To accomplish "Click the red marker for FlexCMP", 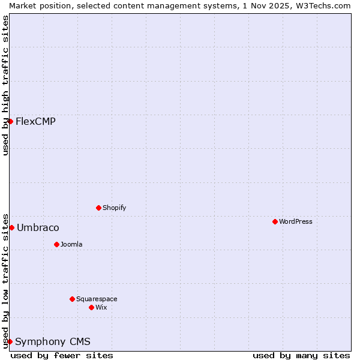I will pyautogui.click(x=10, y=121).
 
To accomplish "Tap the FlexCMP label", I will pyautogui.click(x=35, y=122).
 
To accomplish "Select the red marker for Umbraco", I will pyautogui.click(x=11, y=227).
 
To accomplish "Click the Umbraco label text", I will pyautogui.click(x=38, y=228).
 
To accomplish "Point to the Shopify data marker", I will pyautogui.click(x=98, y=208).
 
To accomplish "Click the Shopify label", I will pyautogui.click(x=114, y=208).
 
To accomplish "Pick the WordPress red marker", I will pyautogui.click(x=275, y=221).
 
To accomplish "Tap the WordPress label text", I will pyautogui.click(x=295, y=222).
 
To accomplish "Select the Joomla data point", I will pyautogui.click(x=56, y=244).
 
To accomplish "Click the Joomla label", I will pyautogui.click(x=71, y=245).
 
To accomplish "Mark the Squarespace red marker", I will pyautogui.click(x=72, y=299).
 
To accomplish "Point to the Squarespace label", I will pyautogui.click(x=97, y=299).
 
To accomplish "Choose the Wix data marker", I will pyautogui.click(x=91, y=307).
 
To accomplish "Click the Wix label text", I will pyautogui.click(x=101, y=308).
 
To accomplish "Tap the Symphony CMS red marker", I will pyautogui.click(x=10, y=341).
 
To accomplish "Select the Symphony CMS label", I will pyautogui.click(x=53, y=342).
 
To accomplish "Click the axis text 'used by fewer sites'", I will pyautogui.click(x=62, y=356).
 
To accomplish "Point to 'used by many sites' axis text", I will pyautogui.click(x=301, y=356).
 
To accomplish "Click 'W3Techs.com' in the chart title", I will pyautogui.click(x=326, y=5).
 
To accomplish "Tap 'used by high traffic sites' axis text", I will pyautogui.click(x=5, y=85).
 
